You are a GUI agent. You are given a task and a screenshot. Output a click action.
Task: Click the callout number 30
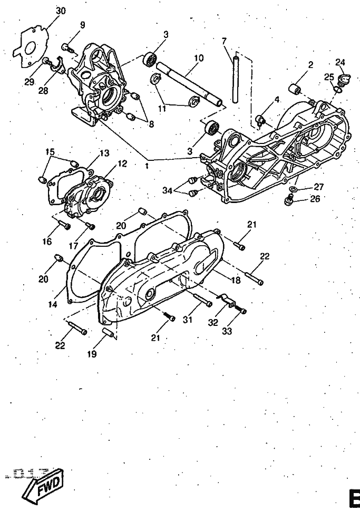click(x=61, y=11)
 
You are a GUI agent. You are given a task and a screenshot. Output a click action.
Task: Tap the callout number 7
click(x=224, y=41)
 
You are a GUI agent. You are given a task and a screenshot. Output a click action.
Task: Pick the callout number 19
click(x=92, y=354)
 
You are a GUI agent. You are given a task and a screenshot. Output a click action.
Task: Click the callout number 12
click(x=122, y=164)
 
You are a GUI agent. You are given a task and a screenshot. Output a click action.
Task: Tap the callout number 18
click(x=236, y=280)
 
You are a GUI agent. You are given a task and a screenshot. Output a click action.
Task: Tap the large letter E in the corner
click(x=353, y=499)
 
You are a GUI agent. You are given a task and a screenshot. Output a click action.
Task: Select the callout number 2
click(x=310, y=65)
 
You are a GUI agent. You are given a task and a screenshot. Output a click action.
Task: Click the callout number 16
click(x=47, y=241)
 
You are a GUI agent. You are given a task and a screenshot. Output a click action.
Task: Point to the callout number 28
click(x=42, y=90)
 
